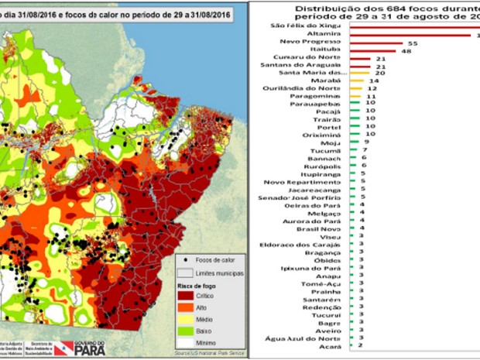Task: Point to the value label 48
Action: [x=406, y=51]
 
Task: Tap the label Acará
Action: [x=328, y=347]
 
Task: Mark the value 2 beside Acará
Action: [x=361, y=347]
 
